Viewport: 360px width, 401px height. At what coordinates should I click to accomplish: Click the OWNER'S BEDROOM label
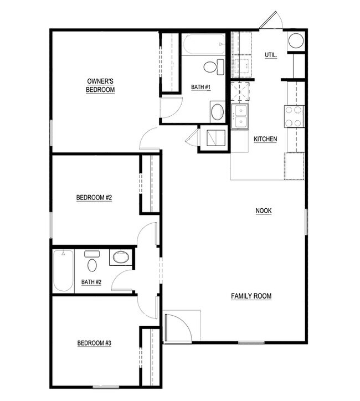(x=100, y=85)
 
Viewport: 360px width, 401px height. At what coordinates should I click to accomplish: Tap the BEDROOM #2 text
(x=94, y=198)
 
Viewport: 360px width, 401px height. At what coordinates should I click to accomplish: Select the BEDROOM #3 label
(x=94, y=343)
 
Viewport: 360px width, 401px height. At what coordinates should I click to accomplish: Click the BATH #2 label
(x=91, y=282)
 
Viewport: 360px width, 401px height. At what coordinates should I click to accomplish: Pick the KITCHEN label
(x=265, y=139)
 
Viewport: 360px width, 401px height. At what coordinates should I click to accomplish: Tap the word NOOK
(x=264, y=210)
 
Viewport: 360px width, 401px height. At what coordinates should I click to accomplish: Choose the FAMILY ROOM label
(x=251, y=296)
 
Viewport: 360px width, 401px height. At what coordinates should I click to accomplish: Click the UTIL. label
(x=271, y=55)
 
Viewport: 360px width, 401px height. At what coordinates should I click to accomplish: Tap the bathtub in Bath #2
(x=63, y=271)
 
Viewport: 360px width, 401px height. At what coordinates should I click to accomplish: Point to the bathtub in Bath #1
(x=204, y=44)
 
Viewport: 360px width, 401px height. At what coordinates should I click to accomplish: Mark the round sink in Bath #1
(x=218, y=110)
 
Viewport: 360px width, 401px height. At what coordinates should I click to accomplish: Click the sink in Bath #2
(x=120, y=257)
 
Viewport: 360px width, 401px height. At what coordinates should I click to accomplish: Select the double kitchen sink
(x=241, y=116)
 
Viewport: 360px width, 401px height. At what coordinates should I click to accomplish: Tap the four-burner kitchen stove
(x=294, y=116)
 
